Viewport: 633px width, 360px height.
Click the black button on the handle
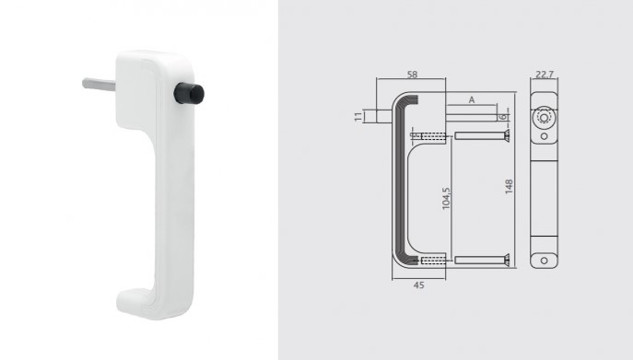[189, 93]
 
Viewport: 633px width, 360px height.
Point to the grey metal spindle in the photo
[99, 84]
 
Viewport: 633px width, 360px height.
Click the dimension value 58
[412, 75]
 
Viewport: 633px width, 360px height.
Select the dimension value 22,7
[545, 75]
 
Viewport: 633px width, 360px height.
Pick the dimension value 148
[509, 187]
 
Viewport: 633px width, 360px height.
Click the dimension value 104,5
[446, 198]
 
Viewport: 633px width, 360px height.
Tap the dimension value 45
[419, 285]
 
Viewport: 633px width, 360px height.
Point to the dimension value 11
[358, 117]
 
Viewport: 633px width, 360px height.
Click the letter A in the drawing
[472, 99]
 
